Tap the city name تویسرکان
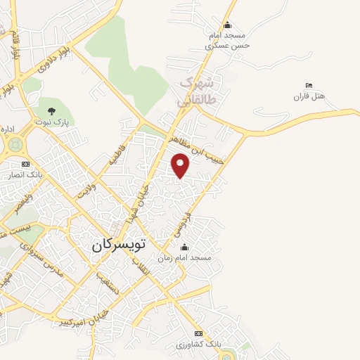(119, 245)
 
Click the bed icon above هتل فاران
(309, 85)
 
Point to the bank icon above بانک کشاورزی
(198, 333)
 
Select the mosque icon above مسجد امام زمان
(185, 247)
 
